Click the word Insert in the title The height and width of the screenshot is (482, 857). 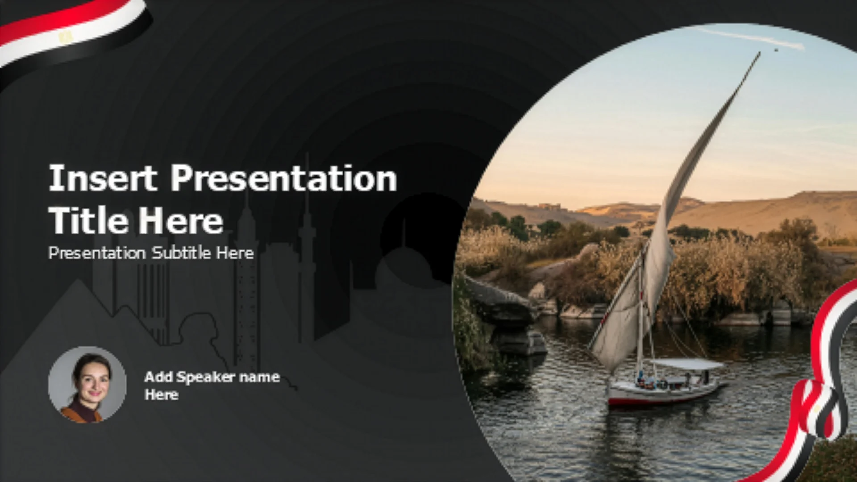coord(103,178)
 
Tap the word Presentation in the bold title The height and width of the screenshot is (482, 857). coord(284,178)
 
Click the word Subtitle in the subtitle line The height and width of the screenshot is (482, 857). coord(181,253)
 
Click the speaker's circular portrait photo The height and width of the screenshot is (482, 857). coord(87,385)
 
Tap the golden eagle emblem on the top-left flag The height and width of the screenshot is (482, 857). coord(66,37)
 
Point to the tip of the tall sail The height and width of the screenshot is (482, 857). coord(760,53)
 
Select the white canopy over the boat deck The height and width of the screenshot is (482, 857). coord(687,364)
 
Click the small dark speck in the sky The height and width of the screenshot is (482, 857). coord(776,50)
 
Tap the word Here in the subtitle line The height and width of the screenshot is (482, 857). coord(235,253)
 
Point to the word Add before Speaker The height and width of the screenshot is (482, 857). coord(158,377)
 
